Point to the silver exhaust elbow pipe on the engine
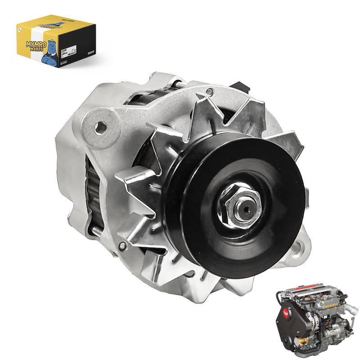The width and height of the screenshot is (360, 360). pos(349,310)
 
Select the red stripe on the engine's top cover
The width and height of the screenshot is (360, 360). pos(315,295)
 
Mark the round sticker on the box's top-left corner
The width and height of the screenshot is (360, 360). pos(21,27)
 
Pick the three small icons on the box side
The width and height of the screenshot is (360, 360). pos(90,53)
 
